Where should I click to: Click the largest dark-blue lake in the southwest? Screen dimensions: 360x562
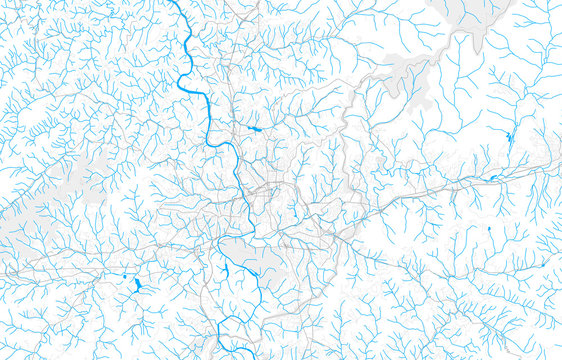point(137,286)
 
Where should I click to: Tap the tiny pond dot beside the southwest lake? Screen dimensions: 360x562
point(124,275)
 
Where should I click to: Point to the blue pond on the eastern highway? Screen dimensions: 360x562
point(492,178)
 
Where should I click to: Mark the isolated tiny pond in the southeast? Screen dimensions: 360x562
point(487,229)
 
